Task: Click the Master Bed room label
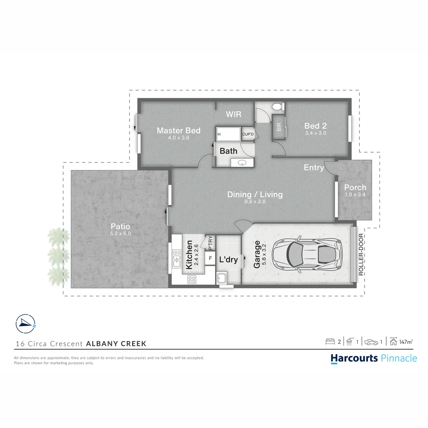pyautogui.click(x=178, y=130)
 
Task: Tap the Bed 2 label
pyautogui.click(x=315, y=126)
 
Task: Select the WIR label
pyautogui.click(x=233, y=115)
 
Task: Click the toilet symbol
pyautogui.click(x=278, y=107)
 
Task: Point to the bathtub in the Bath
pyautogui.click(x=228, y=134)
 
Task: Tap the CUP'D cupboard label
pyautogui.click(x=248, y=135)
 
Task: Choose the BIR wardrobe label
pyautogui.click(x=279, y=127)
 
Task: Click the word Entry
pyautogui.click(x=313, y=168)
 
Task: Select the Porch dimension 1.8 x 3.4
pyautogui.click(x=355, y=195)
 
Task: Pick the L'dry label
pyautogui.click(x=228, y=260)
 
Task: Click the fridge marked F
pyautogui.click(x=210, y=258)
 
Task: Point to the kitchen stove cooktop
pyautogui.click(x=192, y=279)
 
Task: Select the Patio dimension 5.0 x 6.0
pyautogui.click(x=120, y=234)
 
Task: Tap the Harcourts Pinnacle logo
pyautogui.click(x=374, y=358)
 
